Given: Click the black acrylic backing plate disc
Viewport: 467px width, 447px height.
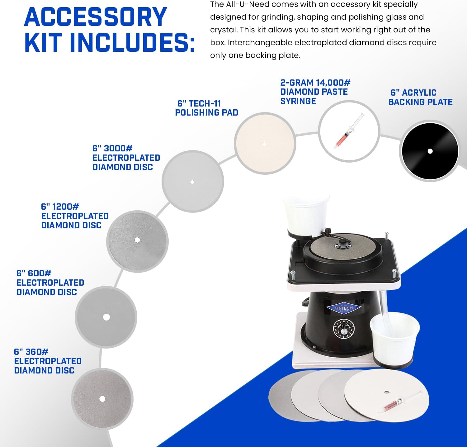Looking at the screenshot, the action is (x=430, y=151).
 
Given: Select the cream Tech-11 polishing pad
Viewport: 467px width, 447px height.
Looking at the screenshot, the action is (x=265, y=144).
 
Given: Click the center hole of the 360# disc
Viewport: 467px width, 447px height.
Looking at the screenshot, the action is (x=102, y=399).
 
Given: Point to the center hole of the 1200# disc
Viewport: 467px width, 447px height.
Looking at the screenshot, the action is (x=137, y=240).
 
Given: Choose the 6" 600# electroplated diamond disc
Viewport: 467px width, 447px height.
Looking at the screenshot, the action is (x=106, y=317).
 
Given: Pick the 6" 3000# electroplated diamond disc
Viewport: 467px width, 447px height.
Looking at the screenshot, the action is (x=193, y=182).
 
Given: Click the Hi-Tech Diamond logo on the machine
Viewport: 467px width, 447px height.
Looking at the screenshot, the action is (x=344, y=308).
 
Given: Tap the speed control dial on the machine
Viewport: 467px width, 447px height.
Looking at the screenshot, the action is (x=344, y=329).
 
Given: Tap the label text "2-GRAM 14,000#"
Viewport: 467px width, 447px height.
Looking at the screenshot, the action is (x=315, y=83).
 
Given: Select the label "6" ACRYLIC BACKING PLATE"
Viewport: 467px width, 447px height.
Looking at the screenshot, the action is (x=420, y=97).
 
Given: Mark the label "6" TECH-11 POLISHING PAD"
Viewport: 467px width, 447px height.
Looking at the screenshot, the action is (x=207, y=108).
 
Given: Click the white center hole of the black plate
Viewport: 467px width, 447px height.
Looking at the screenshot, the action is (x=430, y=151).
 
